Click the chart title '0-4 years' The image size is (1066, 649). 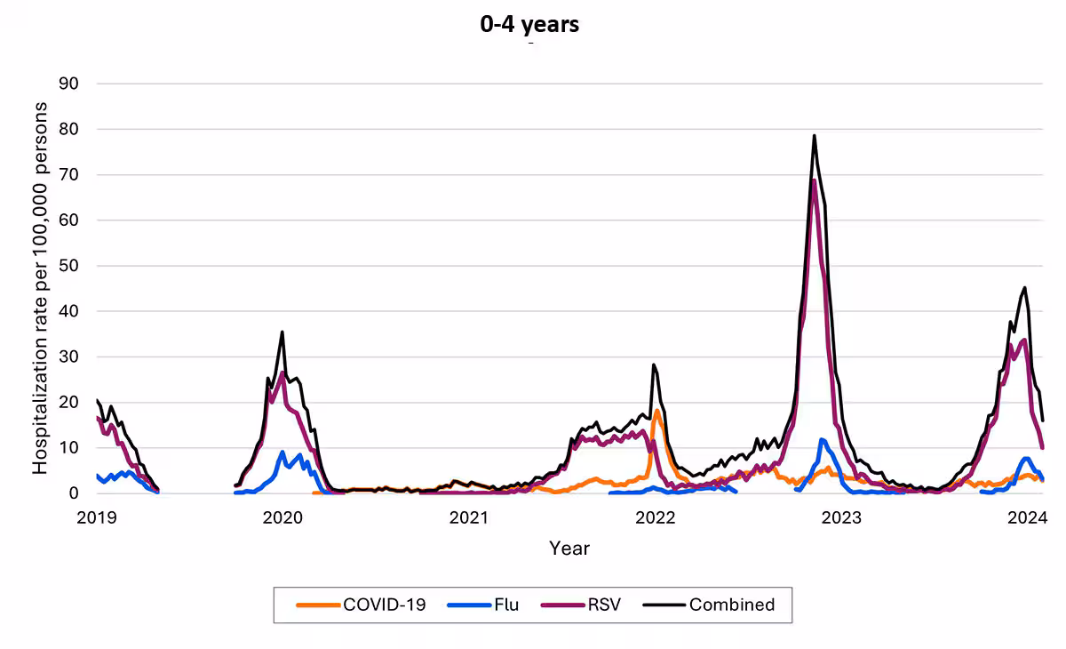click(529, 24)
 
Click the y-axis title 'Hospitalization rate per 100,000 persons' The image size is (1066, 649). click(40, 288)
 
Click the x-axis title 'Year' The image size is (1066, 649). click(569, 548)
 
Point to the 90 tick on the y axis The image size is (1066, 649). click(68, 84)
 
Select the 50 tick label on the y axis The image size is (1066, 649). click(68, 266)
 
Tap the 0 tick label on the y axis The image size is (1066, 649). click(74, 493)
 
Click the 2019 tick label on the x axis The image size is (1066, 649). click(97, 517)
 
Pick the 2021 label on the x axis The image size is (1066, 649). click(469, 517)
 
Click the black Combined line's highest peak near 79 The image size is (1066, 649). click(814, 136)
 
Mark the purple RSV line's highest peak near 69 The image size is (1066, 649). click(814, 180)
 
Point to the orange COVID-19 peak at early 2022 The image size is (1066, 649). click(656, 410)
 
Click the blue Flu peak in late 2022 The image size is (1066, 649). click(823, 439)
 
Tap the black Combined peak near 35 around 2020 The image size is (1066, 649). click(282, 333)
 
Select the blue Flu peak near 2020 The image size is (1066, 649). click(283, 453)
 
